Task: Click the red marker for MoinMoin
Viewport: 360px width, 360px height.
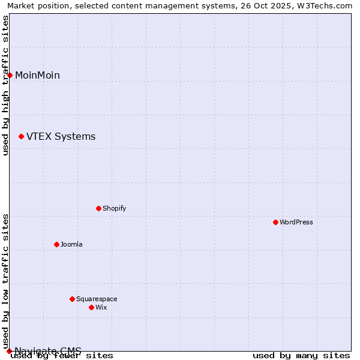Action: pos(10,75)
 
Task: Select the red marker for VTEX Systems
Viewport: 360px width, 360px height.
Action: pos(21,137)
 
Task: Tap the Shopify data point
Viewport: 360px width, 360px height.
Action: pos(98,208)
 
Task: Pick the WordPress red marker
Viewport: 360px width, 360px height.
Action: pos(275,222)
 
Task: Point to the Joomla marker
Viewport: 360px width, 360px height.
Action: pos(56,244)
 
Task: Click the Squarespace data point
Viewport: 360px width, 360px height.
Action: pos(72,299)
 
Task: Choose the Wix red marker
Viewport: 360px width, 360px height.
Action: pos(91,307)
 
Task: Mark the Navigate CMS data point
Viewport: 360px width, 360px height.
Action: pos(9,351)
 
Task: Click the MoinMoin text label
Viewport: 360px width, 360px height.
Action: pos(37,75)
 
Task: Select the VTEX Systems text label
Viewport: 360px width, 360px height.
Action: pos(61,137)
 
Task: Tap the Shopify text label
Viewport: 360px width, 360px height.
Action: pos(114,208)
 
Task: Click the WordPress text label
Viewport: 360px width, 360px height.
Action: pos(296,222)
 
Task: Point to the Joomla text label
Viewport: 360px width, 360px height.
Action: pos(71,244)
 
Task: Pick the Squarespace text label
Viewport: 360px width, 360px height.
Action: pos(97,299)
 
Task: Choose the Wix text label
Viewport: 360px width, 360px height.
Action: pos(101,307)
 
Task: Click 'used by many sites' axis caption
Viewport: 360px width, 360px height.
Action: pos(301,356)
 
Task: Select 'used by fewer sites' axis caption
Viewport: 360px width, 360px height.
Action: pos(62,356)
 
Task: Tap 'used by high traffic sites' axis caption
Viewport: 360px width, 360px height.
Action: pos(6,85)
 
